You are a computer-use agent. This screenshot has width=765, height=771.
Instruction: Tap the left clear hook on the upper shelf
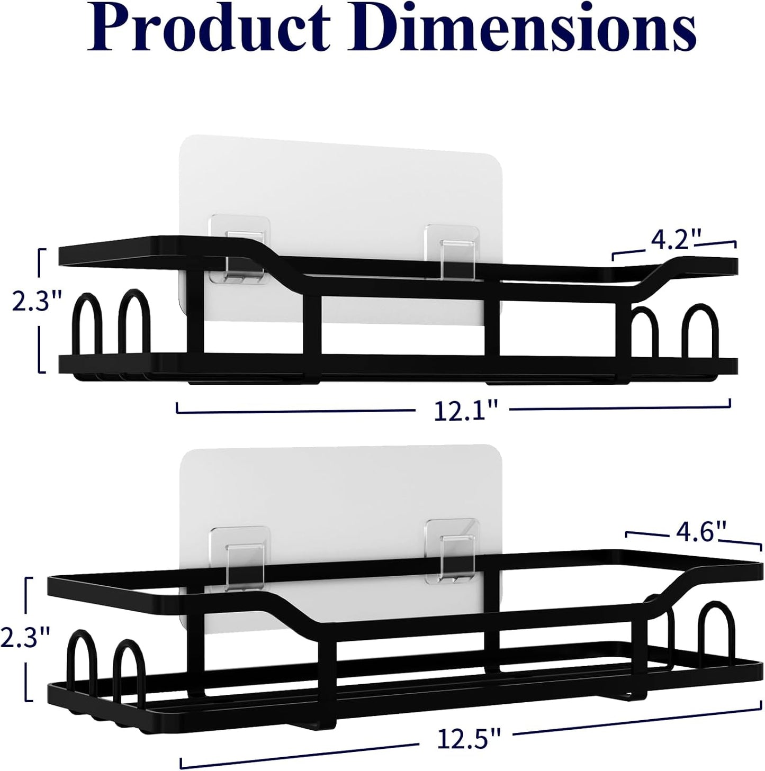point(239,248)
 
